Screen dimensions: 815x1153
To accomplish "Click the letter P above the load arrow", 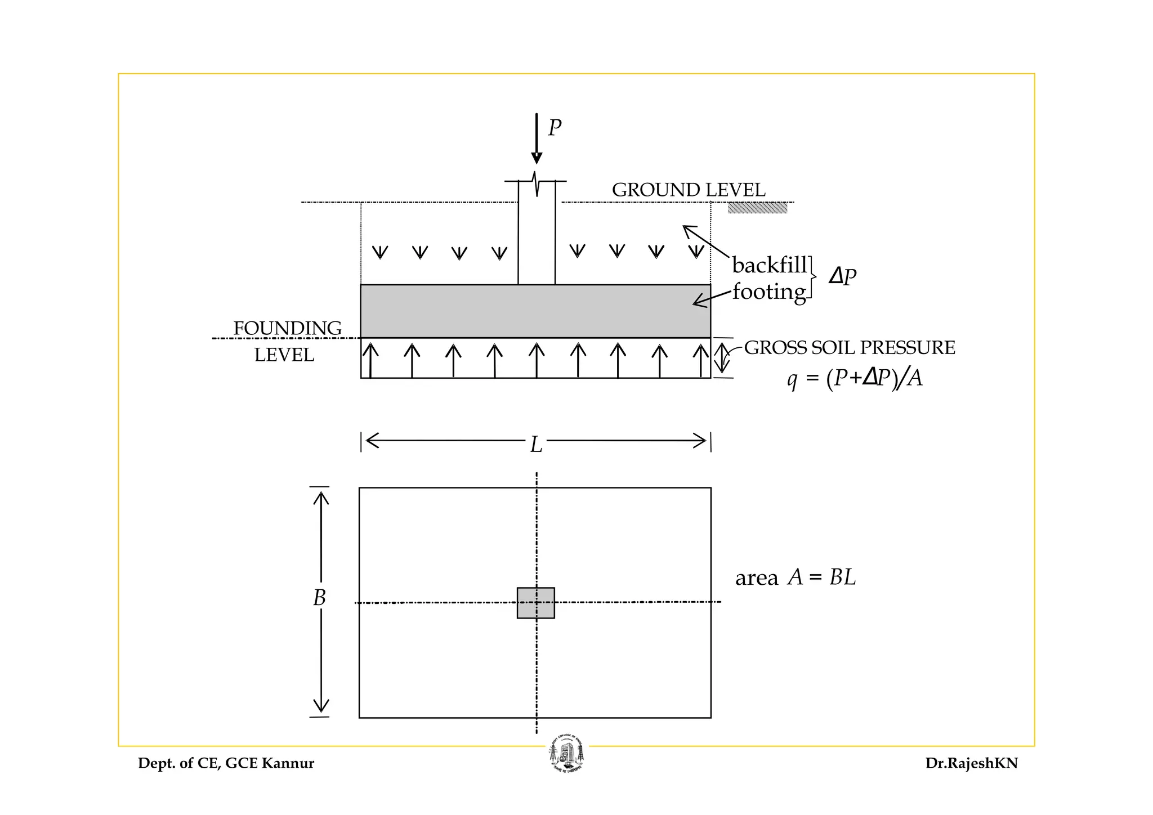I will click(x=555, y=128).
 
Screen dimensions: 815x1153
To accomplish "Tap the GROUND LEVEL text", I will click(x=688, y=190).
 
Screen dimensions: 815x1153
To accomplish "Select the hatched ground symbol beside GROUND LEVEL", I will click(x=757, y=208).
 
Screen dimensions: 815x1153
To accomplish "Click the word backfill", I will click(x=769, y=265).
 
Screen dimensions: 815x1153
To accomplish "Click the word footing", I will click(x=769, y=292).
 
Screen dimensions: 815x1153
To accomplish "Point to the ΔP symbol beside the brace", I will click(x=842, y=277).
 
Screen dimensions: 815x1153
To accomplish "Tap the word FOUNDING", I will click(x=287, y=328).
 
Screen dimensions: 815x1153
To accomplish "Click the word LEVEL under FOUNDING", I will click(x=284, y=355).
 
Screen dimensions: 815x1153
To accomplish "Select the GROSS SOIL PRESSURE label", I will click(x=849, y=348).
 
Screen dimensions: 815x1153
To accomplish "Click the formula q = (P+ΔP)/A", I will click(x=855, y=378).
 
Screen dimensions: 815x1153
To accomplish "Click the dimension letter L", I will click(x=536, y=445).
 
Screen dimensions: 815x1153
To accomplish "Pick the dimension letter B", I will click(x=320, y=598).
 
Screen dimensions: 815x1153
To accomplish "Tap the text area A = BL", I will click(x=796, y=578).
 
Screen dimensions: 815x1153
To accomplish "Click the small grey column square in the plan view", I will click(x=535, y=603).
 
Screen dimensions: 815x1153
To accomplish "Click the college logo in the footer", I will click(x=566, y=754).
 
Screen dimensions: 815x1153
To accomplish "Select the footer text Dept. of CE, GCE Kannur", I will click(x=226, y=764).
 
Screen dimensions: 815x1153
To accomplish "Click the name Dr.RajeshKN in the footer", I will click(x=971, y=764).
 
